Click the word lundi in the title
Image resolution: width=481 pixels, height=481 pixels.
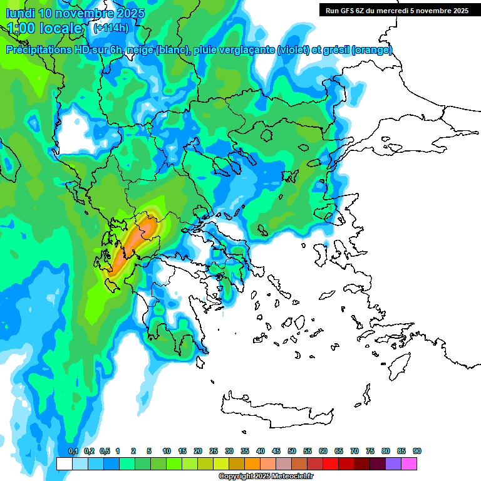19,13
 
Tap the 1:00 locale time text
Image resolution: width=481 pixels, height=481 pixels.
45,28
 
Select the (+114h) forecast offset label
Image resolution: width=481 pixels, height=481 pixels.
111,28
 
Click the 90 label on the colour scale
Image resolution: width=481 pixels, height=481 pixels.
417,451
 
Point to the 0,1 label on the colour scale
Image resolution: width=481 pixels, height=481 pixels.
73,451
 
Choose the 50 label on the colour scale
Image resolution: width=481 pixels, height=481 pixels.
292,451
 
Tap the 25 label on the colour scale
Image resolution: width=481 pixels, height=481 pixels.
214,451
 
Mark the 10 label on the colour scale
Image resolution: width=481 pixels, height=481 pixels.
167,451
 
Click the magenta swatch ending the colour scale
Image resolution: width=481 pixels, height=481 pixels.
409,463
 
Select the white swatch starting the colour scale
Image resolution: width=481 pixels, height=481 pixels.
64,463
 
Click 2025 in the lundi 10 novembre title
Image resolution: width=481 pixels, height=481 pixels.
130,13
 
